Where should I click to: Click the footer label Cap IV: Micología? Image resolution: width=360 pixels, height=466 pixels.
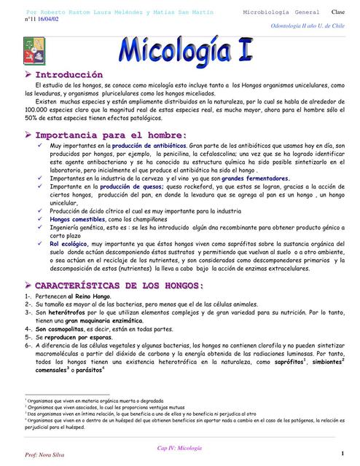pyautogui.click(x=179, y=448)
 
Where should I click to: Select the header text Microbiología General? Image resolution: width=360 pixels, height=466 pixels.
pyautogui.click(x=275, y=13)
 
